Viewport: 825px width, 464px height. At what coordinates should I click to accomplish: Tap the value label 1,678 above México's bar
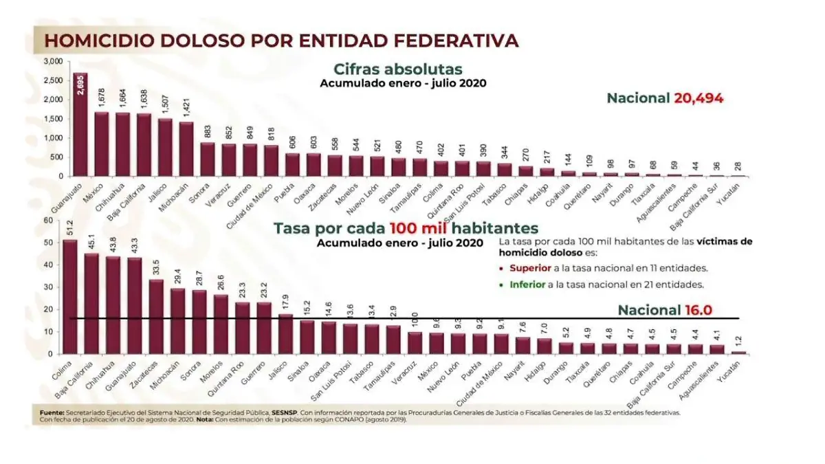[101, 98]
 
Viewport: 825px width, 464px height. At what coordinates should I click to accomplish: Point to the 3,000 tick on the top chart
[53, 62]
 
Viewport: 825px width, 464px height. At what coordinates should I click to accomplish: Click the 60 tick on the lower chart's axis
[48, 221]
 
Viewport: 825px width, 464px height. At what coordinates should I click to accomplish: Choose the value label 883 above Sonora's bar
[207, 131]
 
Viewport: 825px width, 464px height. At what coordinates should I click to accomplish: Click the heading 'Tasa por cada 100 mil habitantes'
[406, 228]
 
